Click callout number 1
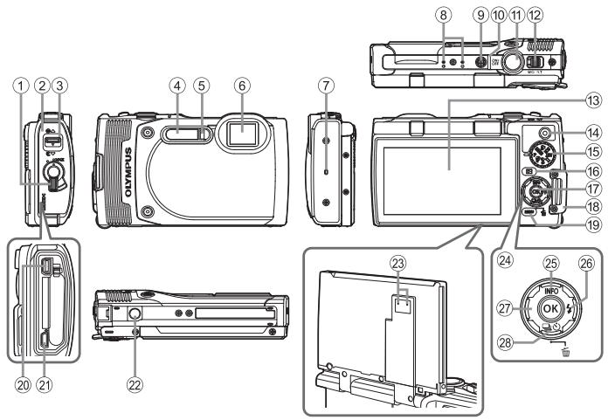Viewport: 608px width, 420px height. pos(17,86)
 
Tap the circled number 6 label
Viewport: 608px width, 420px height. pos(238,86)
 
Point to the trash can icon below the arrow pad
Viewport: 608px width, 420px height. pos(572,349)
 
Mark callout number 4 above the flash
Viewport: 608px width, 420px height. pos(177,86)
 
